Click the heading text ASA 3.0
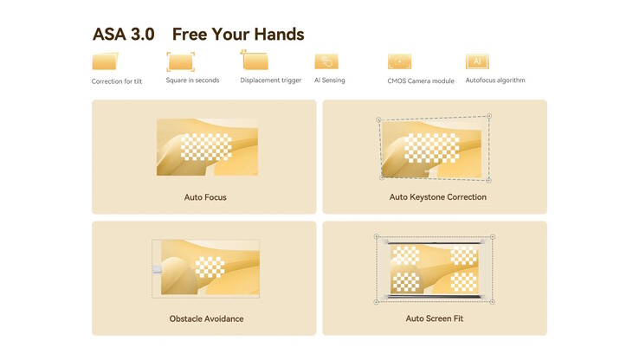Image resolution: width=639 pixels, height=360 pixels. coord(124,35)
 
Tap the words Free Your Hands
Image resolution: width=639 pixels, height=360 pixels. coord(238,35)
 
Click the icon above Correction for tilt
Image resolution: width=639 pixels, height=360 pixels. coord(105,61)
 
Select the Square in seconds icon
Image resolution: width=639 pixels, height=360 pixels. coord(181,62)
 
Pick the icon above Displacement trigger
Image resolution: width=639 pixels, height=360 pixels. coord(255,61)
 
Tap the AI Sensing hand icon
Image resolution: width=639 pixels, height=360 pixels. coord(326,61)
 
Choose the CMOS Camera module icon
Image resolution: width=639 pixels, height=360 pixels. coord(399,61)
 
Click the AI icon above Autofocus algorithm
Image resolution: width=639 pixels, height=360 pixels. coord(477,61)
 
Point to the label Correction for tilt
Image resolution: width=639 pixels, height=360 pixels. coord(117,81)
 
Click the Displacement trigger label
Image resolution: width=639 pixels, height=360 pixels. coord(271,80)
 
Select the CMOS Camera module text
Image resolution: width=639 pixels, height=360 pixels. coord(421,81)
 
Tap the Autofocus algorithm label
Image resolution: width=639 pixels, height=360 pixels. coord(495,80)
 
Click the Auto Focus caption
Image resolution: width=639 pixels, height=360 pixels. coord(205,197)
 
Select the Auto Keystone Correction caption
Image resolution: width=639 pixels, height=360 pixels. coord(437,197)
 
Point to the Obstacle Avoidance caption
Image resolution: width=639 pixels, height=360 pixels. coord(207,318)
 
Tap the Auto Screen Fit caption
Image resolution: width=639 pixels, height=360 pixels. coord(435,318)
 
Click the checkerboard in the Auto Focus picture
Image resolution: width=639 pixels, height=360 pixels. coord(206,146)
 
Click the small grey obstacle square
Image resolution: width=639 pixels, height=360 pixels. coord(157,269)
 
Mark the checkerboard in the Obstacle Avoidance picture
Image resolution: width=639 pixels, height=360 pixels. coord(210,267)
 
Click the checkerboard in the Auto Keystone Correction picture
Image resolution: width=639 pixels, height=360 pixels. coord(431,147)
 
